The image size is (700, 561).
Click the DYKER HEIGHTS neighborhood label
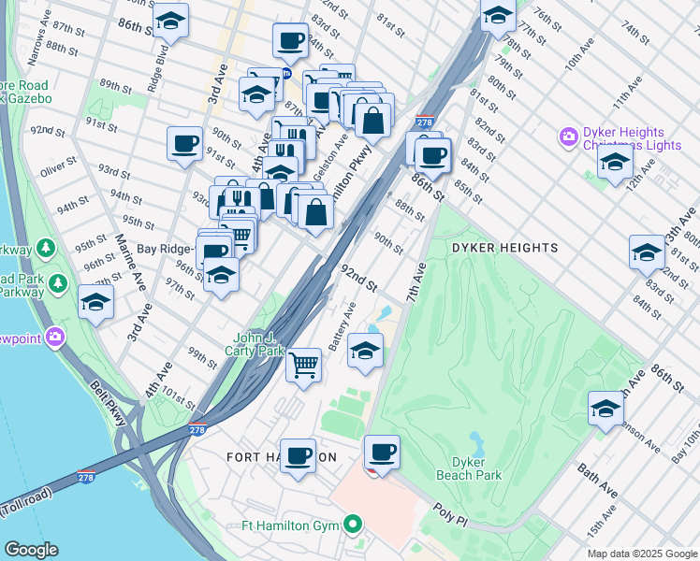click(504, 248)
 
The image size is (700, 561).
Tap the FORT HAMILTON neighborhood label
click(281, 457)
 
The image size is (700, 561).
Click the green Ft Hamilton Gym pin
click(353, 525)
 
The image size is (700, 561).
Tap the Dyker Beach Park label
click(469, 468)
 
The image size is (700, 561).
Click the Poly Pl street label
click(455, 514)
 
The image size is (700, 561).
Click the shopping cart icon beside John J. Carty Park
click(303, 364)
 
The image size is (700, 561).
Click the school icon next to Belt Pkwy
click(95, 302)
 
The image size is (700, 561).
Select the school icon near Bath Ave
click(605, 408)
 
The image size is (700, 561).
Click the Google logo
click(31, 550)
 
